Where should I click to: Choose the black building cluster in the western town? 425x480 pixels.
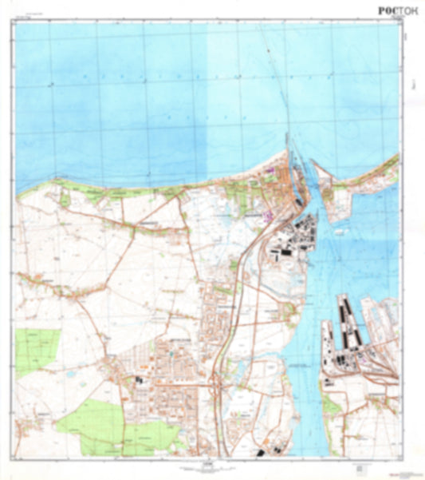[139, 383]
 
